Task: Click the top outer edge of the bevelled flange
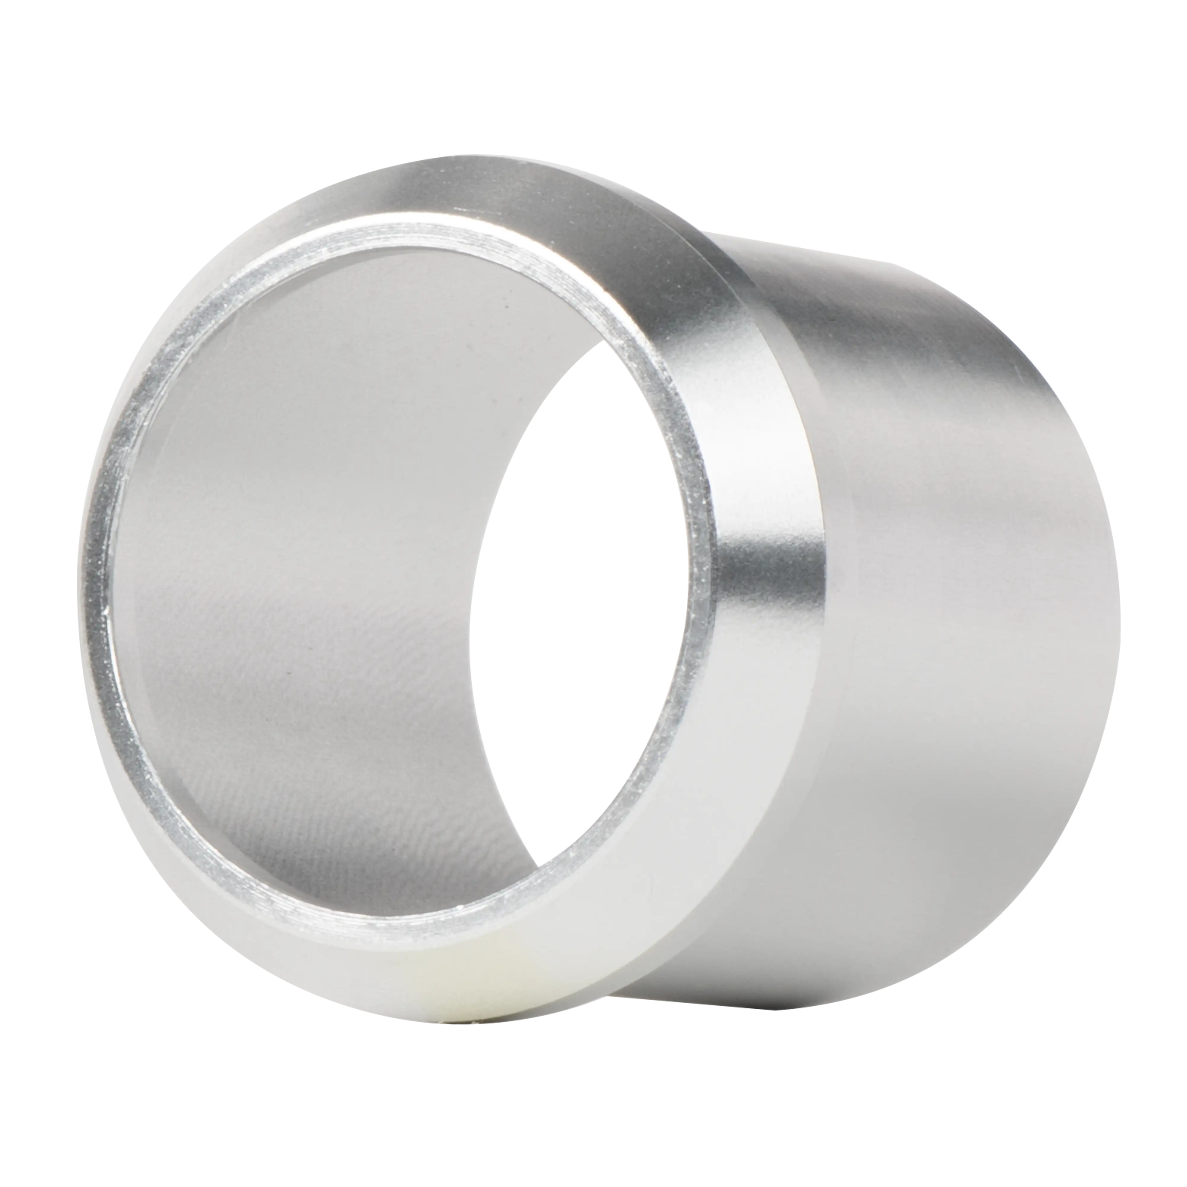click(x=479, y=154)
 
